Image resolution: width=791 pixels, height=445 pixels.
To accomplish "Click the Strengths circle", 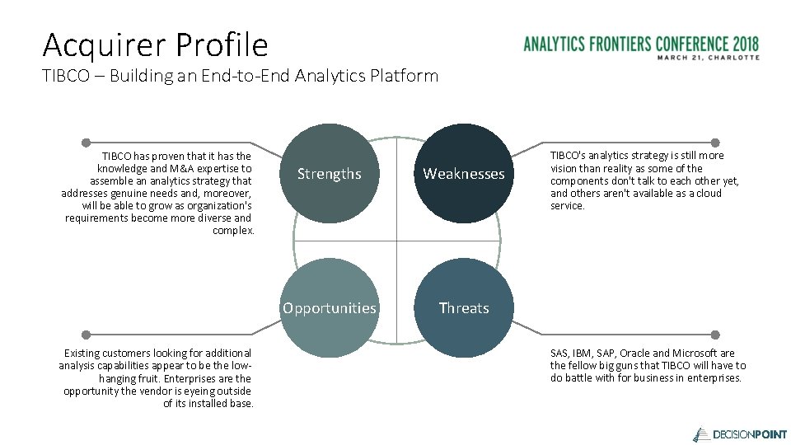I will click(x=329, y=174).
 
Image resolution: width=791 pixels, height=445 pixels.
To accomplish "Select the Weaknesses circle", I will click(x=463, y=174).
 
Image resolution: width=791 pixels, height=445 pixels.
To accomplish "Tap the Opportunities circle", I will click(x=329, y=308).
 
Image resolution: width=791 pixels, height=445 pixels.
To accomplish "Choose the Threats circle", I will click(x=463, y=308).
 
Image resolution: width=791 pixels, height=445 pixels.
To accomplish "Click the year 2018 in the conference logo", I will click(x=744, y=44).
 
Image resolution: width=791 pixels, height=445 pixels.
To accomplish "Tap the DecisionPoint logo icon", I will click(x=700, y=433).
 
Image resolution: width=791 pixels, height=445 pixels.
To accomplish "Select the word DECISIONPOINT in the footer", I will click(x=749, y=434).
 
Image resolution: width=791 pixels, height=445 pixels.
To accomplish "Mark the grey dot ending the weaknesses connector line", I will click(x=715, y=143).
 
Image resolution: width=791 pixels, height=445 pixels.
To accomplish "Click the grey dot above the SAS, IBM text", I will click(x=715, y=335).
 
